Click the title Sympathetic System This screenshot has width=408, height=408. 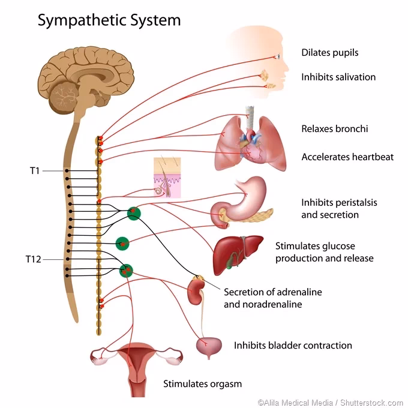(109, 20)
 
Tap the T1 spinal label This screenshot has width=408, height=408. (35, 170)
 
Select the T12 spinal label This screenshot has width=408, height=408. (34, 259)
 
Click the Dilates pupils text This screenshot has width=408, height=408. (329, 53)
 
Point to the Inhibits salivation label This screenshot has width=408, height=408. (338, 77)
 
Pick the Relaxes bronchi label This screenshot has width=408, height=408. (334, 128)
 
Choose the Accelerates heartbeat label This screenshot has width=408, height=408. (347, 157)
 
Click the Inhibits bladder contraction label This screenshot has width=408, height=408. (293, 345)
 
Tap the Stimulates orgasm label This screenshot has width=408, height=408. (203, 383)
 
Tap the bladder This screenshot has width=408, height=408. (208, 346)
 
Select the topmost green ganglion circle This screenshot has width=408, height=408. (134, 212)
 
